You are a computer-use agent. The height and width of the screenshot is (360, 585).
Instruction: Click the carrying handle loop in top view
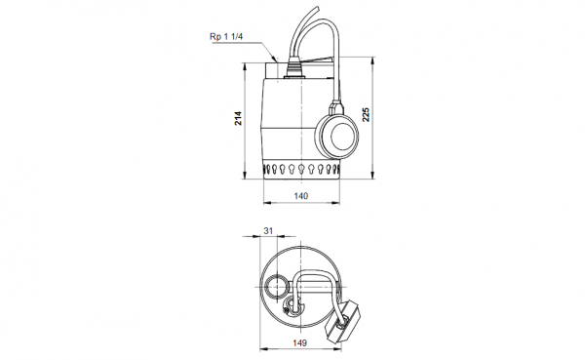(x=314, y=289)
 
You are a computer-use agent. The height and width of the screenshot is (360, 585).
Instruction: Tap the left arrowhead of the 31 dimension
(x=258, y=238)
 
